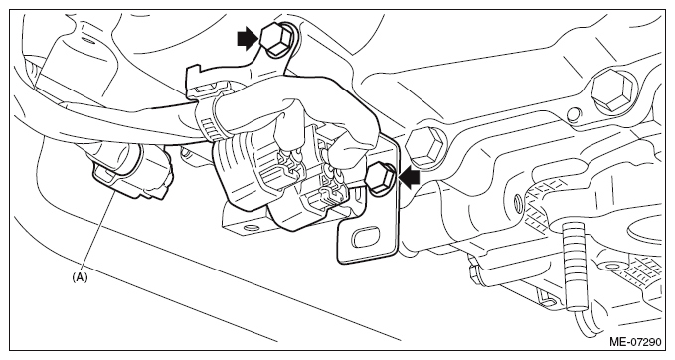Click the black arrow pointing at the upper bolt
click(249, 39)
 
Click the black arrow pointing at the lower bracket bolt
click(409, 177)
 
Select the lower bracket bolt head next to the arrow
click(380, 178)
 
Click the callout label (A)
click(80, 277)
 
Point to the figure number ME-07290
click(635, 343)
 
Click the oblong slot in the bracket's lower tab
click(366, 238)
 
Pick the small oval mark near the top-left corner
click(87, 41)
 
